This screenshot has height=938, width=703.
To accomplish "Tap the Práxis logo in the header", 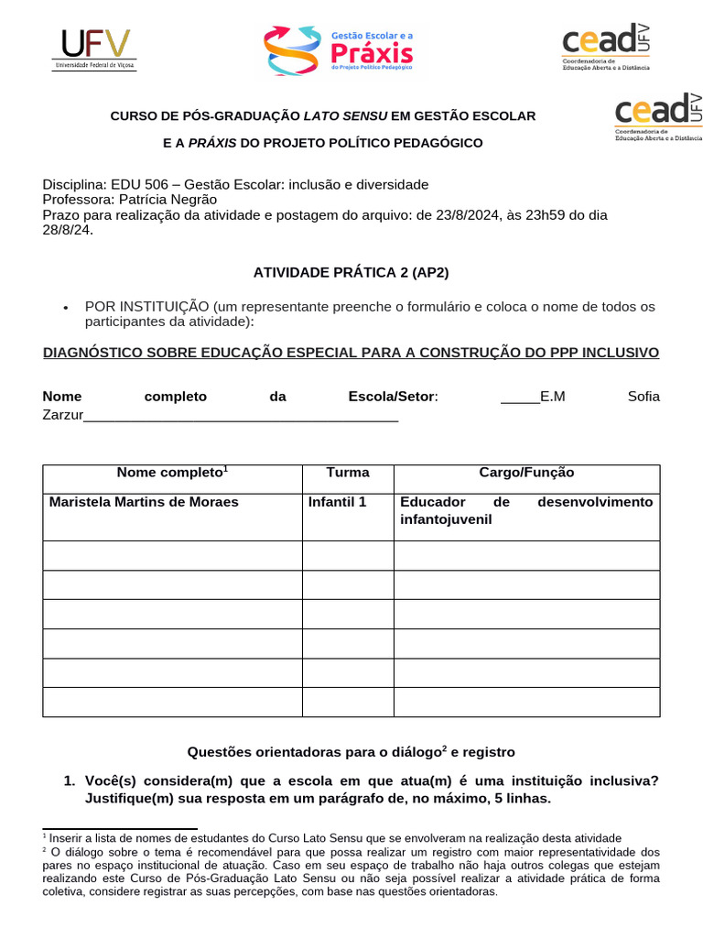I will point(340,50).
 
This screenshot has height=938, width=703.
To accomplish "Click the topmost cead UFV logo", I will point(605,47).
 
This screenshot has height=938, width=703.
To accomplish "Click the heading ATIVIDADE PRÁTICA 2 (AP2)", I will point(351,272).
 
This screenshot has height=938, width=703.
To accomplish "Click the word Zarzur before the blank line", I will point(63,415).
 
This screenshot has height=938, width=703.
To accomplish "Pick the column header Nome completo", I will point(170,473).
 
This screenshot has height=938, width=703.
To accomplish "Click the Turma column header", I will point(348,473).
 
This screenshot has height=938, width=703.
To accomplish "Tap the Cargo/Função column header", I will point(526,473).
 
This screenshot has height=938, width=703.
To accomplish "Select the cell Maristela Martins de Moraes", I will point(144,502).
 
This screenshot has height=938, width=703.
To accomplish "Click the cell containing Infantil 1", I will point(337,502).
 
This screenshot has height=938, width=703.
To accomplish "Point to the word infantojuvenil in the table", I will point(446,519).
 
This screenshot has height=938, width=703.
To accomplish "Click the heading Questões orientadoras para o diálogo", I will point(314,752).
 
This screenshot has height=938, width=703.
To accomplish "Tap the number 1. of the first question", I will point(70,780).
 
